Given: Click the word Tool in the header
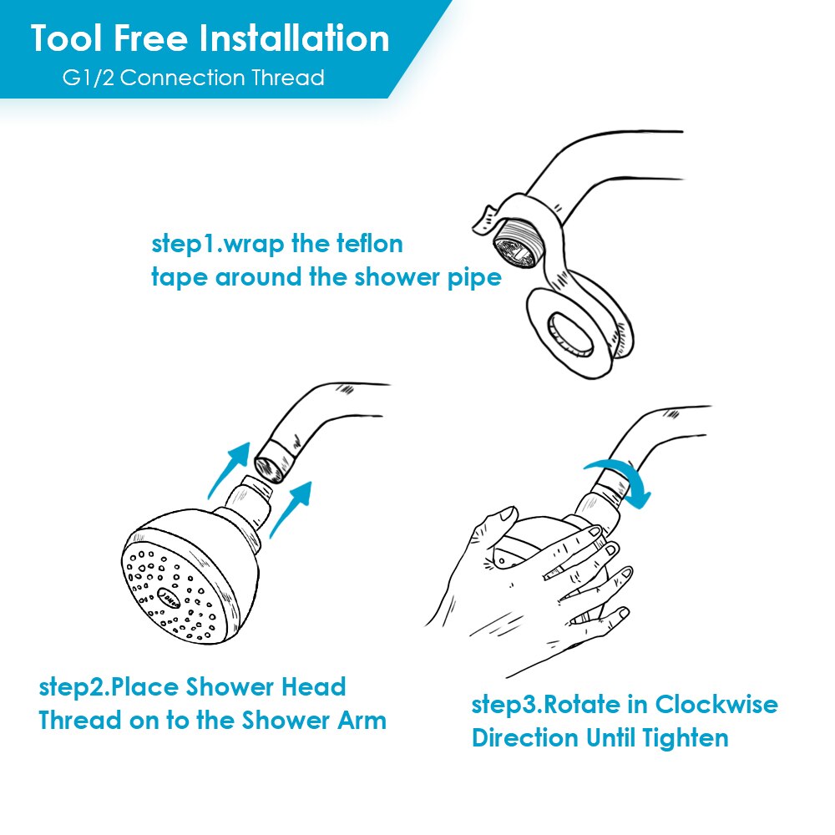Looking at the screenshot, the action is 67,38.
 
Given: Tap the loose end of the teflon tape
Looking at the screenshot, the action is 484,218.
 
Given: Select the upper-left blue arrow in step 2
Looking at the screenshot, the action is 229,469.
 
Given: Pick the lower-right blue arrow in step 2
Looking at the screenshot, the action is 291,509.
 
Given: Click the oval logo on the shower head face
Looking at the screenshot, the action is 170,599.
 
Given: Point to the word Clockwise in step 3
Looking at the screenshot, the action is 716,705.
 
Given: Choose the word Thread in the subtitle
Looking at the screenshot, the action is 288,78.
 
